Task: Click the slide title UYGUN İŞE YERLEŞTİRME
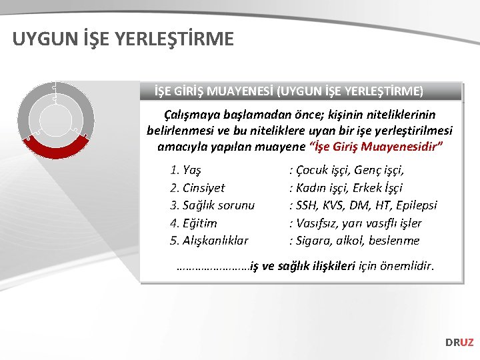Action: tap(123, 39)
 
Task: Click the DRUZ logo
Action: tap(459, 342)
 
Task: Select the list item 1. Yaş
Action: tap(186, 170)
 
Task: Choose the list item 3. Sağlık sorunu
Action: tap(212, 205)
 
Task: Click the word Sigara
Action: tap(314, 240)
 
